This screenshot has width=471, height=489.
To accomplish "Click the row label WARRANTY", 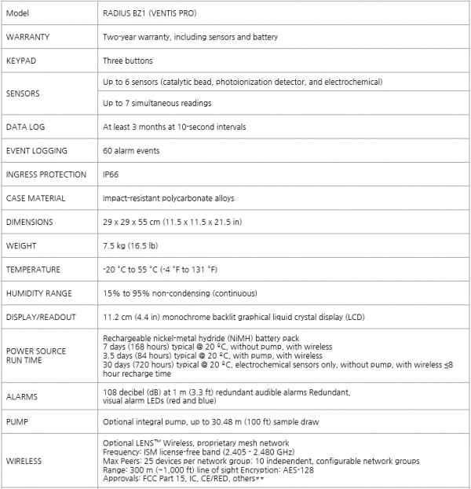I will pos(28,37).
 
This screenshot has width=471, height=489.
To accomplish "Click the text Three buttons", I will pos(128,61).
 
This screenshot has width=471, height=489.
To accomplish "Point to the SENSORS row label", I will pos(24,93).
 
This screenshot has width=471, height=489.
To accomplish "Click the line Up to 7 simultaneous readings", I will pos(157,104).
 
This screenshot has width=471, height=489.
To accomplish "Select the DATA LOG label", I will pos(25,127).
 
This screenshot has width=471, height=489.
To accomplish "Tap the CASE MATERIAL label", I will pos(35,198).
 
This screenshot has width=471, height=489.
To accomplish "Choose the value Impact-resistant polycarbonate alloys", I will pos(168,198).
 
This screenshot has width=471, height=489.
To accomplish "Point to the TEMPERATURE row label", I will pos(33,270).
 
